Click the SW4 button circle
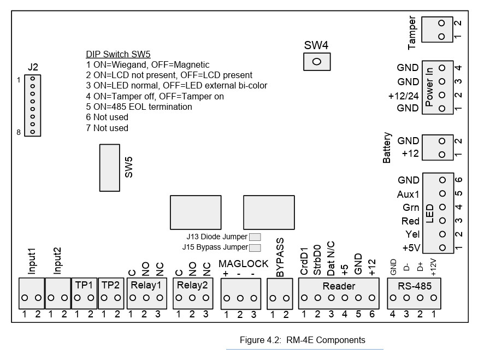(x=316, y=62)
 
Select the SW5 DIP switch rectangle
(x=109, y=166)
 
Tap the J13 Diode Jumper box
(x=255, y=237)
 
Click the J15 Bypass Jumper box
(x=255, y=247)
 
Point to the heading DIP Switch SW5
(x=118, y=54)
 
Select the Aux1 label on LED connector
(x=408, y=194)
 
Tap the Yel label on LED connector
(x=412, y=234)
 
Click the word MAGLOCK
(x=244, y=264)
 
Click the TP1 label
(x=84, y=285)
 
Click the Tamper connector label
(x=412, y=32)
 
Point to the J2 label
(x=33, y=68)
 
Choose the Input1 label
(x=32, y=261)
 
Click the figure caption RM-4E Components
(x=302, y=340)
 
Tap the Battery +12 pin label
(x=410, y=154)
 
